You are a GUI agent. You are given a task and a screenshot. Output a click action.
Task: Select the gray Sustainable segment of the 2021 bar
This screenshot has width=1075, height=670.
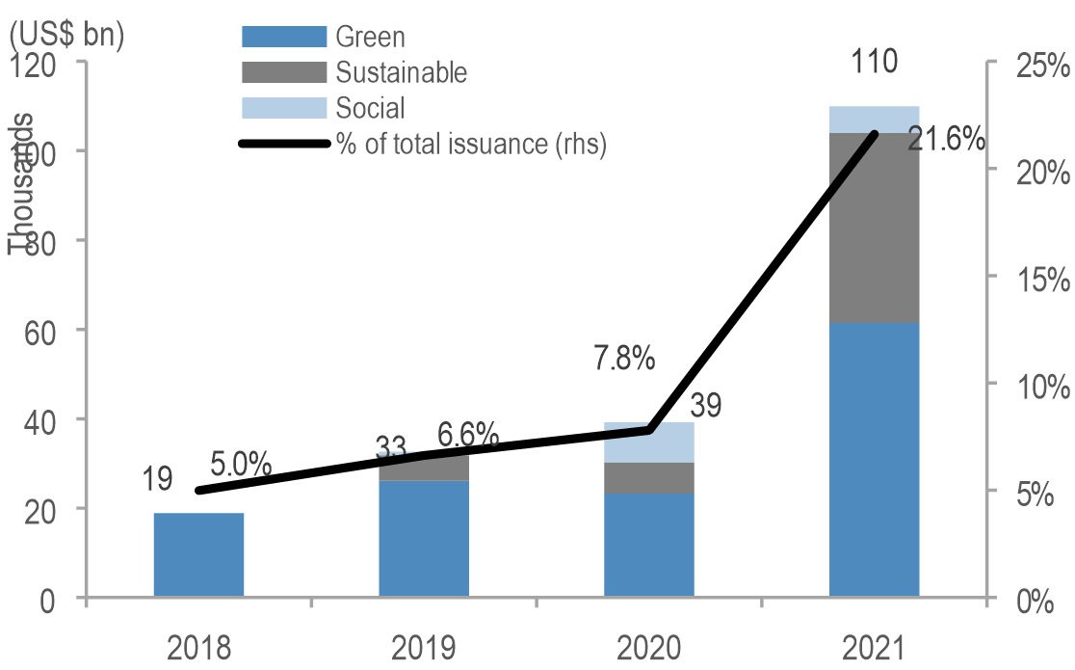(x=874, y=228)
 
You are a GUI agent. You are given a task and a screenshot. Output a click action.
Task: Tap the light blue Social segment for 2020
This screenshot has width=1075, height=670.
(x=648, y=442)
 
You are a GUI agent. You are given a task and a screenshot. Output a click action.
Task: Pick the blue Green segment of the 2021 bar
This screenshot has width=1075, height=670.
(x=874, y=460)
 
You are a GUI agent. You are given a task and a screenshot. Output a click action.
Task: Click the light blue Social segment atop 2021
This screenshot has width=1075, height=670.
(x=874, y=120)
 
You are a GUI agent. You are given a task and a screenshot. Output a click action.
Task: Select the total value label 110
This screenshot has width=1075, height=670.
(x=874, y=64)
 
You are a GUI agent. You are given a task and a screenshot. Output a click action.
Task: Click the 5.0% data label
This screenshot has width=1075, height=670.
(x=240, y=466)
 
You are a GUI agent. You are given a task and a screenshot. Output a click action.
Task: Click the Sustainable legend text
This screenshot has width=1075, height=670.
(x=401, y=72)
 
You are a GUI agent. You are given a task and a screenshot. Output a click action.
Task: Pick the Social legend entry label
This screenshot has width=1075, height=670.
(x=370, y=108)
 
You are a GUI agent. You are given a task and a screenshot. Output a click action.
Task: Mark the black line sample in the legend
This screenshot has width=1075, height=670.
(x=284, y=144)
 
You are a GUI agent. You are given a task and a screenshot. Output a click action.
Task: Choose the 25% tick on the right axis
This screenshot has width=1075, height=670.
(x=1040, y=67)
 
